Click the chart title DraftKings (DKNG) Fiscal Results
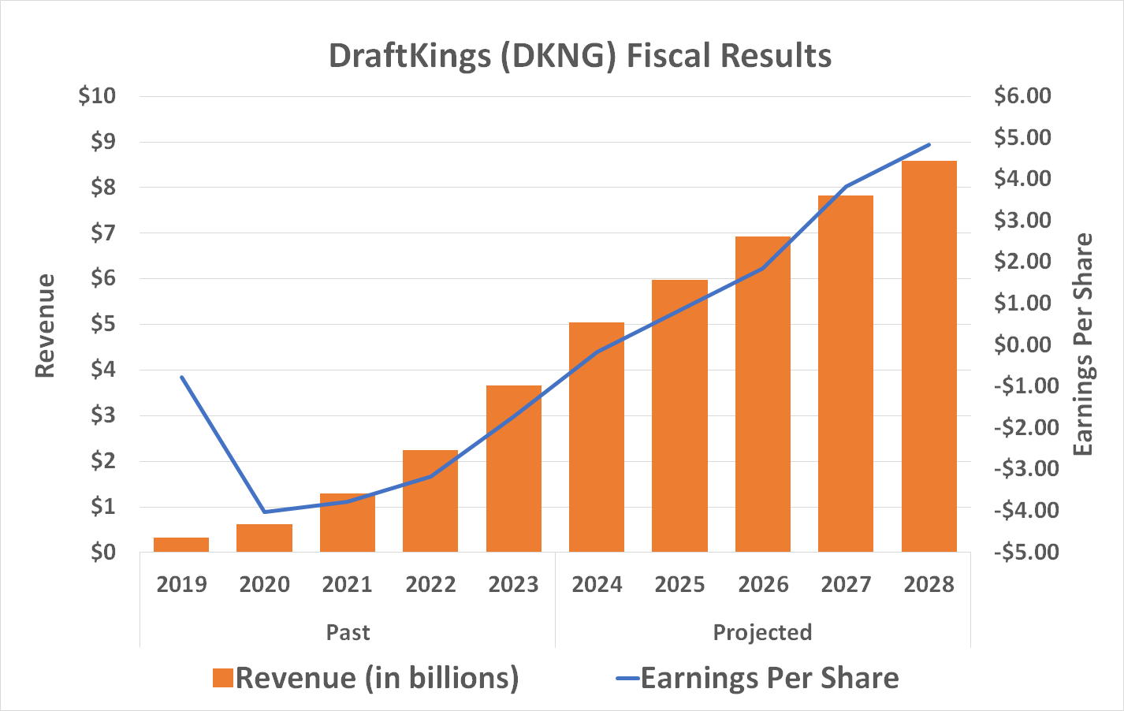[579, 56]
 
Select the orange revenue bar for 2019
[181, 545]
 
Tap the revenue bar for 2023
[514, 469]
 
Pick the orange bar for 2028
[929, 356]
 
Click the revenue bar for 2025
[679, 416]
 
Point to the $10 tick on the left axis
[97, 96]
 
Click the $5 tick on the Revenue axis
[102, 324]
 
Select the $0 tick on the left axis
[102, 552]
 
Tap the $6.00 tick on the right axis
[1022, 96]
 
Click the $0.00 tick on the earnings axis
[1022, 344]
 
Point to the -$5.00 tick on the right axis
[1025, 552]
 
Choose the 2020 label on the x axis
[265, 585]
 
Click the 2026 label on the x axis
[763, 585]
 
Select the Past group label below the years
[348, 633]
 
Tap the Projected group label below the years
[762, 633]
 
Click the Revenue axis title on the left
[45, 326]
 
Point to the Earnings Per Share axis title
[1084, 344]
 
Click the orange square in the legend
[223, 679]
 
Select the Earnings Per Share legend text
[769, 679]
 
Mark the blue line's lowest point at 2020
[265, 512]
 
